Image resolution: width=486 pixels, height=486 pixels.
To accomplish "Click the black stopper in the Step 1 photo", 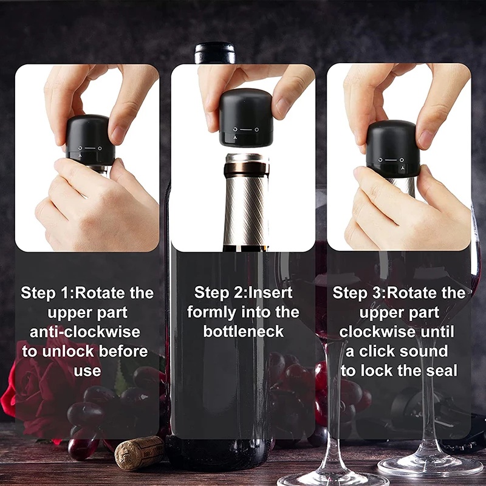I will click(90, 140).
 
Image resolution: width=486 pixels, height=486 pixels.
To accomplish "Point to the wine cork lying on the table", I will click(139, 453).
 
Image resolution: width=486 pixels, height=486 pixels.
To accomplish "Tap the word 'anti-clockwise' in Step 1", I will click(85, 332).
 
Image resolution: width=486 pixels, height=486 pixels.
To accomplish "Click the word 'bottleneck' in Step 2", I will click(243, 332).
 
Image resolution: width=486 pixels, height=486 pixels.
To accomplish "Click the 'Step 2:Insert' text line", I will click(243, 293).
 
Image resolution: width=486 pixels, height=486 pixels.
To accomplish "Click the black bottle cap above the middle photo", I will click(214, 53).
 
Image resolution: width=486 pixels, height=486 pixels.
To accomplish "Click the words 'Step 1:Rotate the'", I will click(87, 293).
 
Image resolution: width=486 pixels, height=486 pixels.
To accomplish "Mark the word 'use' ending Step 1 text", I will click(87, 371).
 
